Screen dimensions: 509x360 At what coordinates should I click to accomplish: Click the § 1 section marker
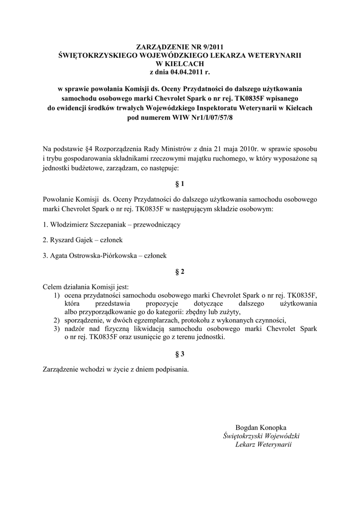pyautogui.click(x=180, y=184)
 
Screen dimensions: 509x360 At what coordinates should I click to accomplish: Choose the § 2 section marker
pyautogui.click(x=180, y=272)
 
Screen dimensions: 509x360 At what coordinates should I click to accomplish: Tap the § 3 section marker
pyautogui.click(x=180, y=354)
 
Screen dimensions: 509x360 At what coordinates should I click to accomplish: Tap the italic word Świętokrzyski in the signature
pyautogui.click(x=245, y=436)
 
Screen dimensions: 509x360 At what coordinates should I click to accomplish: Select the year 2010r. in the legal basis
pyautogui.click(x=244, y=149)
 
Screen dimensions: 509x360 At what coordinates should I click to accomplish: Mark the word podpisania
pyautogui.click(x=171, y=369)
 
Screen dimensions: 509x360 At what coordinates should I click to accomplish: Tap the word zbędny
pyautogui.click(x=196, y=312)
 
